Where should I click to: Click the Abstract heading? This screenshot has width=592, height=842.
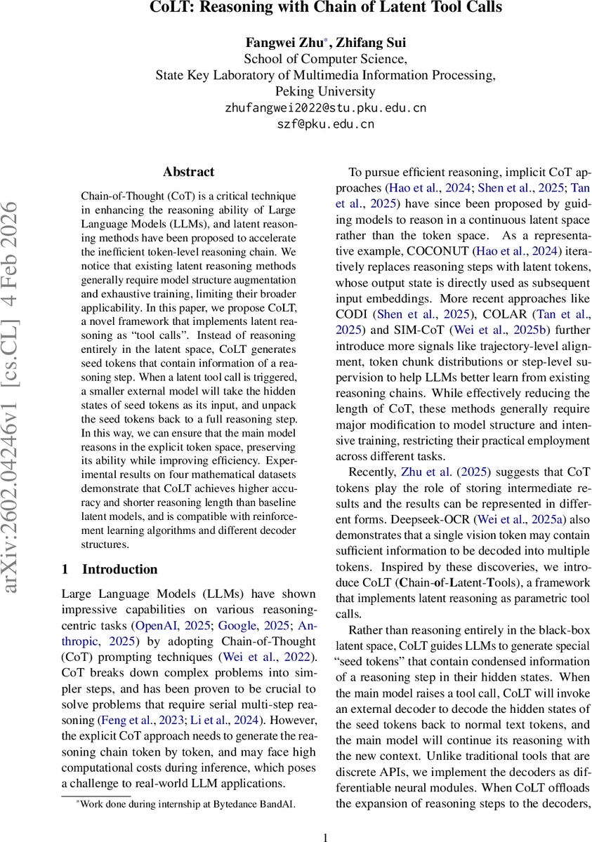pos(188,172)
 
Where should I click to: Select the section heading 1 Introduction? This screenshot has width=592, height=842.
pos(109,569)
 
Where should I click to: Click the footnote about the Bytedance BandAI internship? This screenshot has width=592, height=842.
pos(186,805)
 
